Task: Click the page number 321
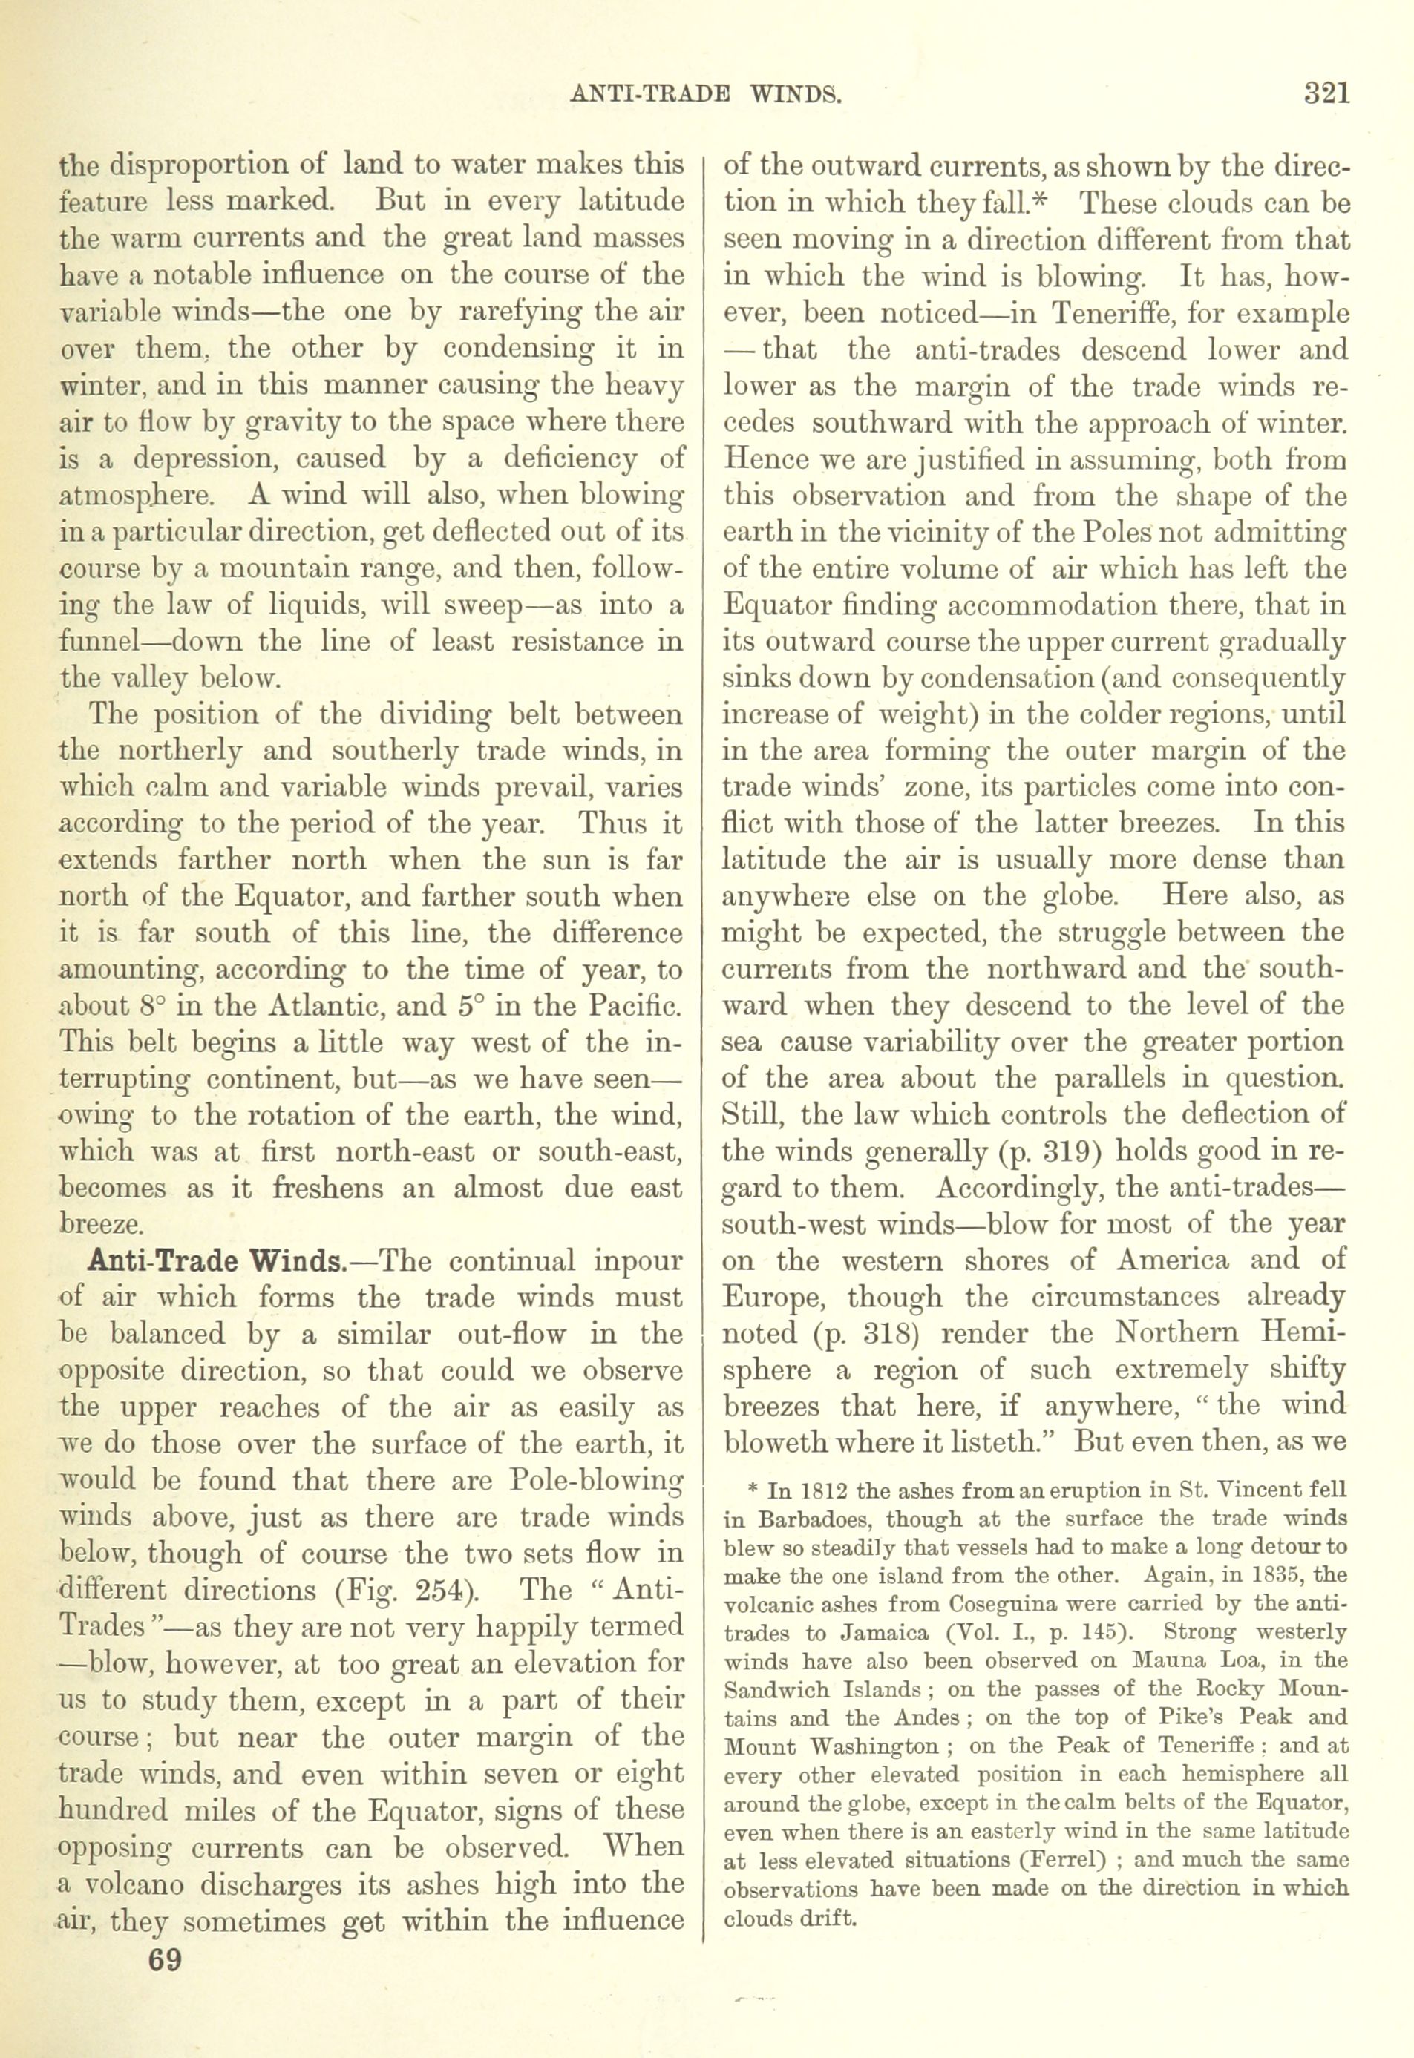point(1326,93)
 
